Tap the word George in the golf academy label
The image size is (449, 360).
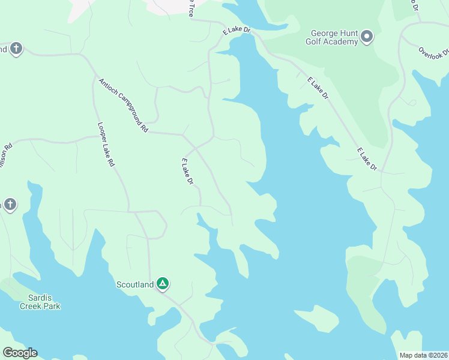(325, 34)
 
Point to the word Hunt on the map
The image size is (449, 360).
(351, 34)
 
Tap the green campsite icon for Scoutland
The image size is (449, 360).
(163, 283)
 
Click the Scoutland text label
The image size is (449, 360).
(135, 284)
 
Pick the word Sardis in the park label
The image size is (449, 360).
(40, 298)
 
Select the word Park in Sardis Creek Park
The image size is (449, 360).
(52, 306)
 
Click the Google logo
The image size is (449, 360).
(20, 353)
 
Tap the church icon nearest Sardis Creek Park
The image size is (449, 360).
(9, 205)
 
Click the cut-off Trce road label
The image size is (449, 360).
(191, 8)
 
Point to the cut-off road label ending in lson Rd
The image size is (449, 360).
(7, 154)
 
